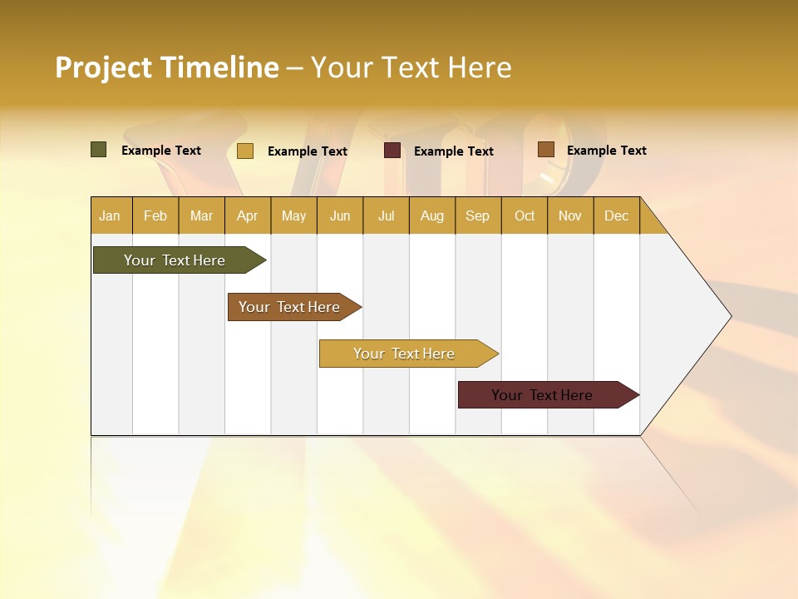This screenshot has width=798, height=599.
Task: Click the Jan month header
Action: pos(110,215)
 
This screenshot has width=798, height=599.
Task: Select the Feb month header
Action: pos(155,215)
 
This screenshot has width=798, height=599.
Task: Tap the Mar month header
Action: pos(201,215)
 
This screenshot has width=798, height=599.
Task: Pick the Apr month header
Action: pos(247,215)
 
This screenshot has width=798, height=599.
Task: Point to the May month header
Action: pos(293,215)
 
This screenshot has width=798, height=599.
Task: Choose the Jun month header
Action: pos(340,215)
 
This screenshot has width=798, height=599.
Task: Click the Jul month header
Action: pos(386,215)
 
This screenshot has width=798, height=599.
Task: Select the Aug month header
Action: pos(431,215)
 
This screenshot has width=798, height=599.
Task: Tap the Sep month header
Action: pos(477,215)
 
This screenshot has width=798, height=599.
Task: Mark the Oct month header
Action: pos(525,215)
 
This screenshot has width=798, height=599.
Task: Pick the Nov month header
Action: pos(570,215)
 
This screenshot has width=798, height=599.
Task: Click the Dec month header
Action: pos(616,215)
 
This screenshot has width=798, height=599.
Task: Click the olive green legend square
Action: pos(98,150)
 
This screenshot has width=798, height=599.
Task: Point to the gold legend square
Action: pos(245,151)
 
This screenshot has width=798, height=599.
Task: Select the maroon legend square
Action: pos(392,151)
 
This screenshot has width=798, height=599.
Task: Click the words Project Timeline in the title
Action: pos(167,67)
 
